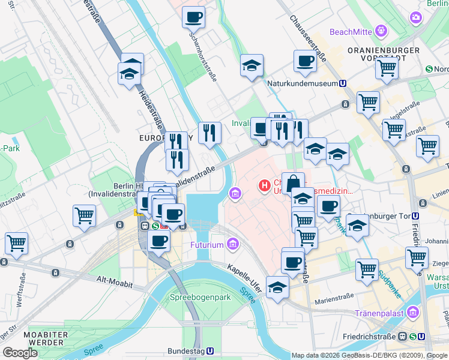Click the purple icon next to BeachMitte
click(381, 30)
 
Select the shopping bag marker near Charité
click(293, 182)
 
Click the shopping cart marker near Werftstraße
click(16, 243)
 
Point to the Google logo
click(20, 352)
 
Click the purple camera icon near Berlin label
click(416, 18)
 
